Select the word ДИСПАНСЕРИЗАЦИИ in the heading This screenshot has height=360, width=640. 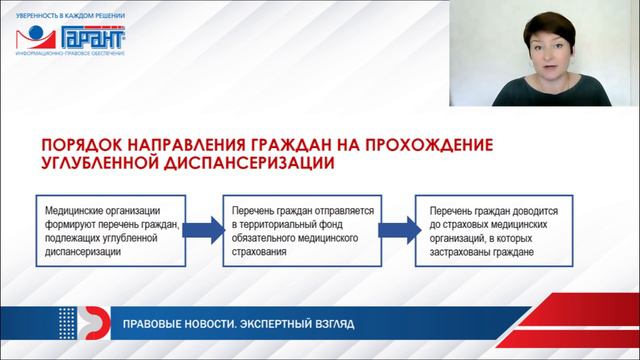tap(249, 161)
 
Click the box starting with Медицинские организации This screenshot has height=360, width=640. tap(113, 233)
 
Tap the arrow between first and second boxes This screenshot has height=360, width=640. tap(204, 232)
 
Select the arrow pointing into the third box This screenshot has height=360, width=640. tap(397, 232)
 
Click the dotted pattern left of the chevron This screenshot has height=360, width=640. tap(66, 322)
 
